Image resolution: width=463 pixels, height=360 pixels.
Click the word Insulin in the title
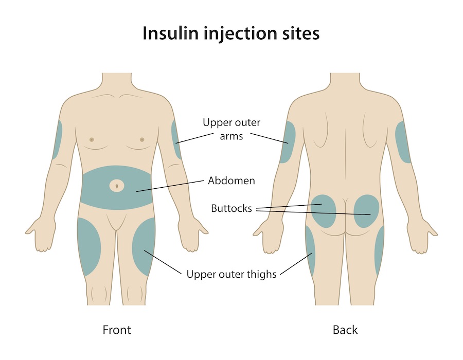[170, 33]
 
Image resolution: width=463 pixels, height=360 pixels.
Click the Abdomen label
[231, 181]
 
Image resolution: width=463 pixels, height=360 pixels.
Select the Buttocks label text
[231, 208]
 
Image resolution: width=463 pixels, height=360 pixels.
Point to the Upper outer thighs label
[231, 274]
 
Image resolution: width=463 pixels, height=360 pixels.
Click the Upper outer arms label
[231, 129]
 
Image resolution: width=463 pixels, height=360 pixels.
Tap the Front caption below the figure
[117, 330]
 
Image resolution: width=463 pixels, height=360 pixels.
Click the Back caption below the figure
[345, 330]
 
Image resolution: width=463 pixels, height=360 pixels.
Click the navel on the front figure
[117, 186]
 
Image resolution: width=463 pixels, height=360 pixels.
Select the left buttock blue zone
[324, 211]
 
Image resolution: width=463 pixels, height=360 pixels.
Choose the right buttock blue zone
[366, 211]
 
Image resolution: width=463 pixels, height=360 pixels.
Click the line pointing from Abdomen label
[170, 186]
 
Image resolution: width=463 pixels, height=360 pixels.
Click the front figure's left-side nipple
[92, 139]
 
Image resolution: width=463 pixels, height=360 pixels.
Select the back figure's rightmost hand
[422, 236]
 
